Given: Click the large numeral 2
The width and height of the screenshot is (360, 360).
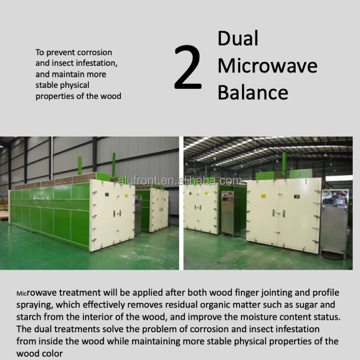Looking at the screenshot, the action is [x=188, y=67].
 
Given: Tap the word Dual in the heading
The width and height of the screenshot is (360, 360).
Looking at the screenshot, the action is [x=238, y=38].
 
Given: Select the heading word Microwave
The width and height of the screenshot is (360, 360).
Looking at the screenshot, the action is [x=267, y=66].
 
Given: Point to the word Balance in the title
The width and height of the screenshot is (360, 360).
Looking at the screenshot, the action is [x=253, y=92].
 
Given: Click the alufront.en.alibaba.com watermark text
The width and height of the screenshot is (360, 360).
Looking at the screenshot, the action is [x=180, y=181].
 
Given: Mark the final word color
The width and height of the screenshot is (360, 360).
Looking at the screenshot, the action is [x=53, y=353].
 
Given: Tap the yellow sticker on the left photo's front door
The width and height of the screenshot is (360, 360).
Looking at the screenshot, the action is [x=126, y=196].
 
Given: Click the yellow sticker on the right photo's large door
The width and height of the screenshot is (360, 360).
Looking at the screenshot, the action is [x=264, y=196].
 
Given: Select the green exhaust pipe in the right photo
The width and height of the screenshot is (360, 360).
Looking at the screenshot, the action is [x=284, y=164].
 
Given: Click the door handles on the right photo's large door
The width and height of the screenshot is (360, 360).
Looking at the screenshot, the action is [x=278, y=213].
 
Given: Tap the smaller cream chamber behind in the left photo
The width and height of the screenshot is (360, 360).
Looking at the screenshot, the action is [x=159, y=209].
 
